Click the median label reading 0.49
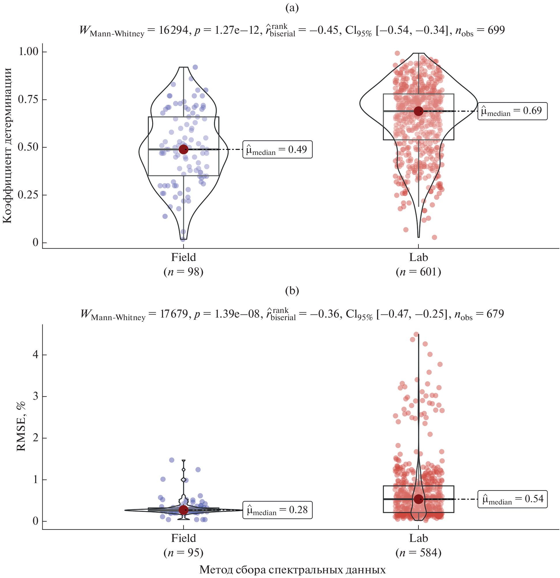pyautogui.click(x=277, y=149)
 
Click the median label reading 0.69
pyautogui.click(x=512, y=111)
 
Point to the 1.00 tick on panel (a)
pyautogui.click(x=29, y=52)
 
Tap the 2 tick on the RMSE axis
pyautogui.click(x=35, y=438)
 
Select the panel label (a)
pyautogui.click(x=292, y=8)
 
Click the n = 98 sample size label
pyautogui.click(x=183, y=272)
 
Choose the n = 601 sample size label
pyautogui.click(x=418, y=272)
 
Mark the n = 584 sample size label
pyautogui.click(x=418, y=552)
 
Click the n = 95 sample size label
pyautogui.click(x=183, y=552)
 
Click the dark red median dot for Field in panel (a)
pyautogui.click(x=183, y=149)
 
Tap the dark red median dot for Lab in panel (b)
pyautogui.click(x=418, y=499)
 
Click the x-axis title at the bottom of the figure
pyautogui.click(x=292, y=569)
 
